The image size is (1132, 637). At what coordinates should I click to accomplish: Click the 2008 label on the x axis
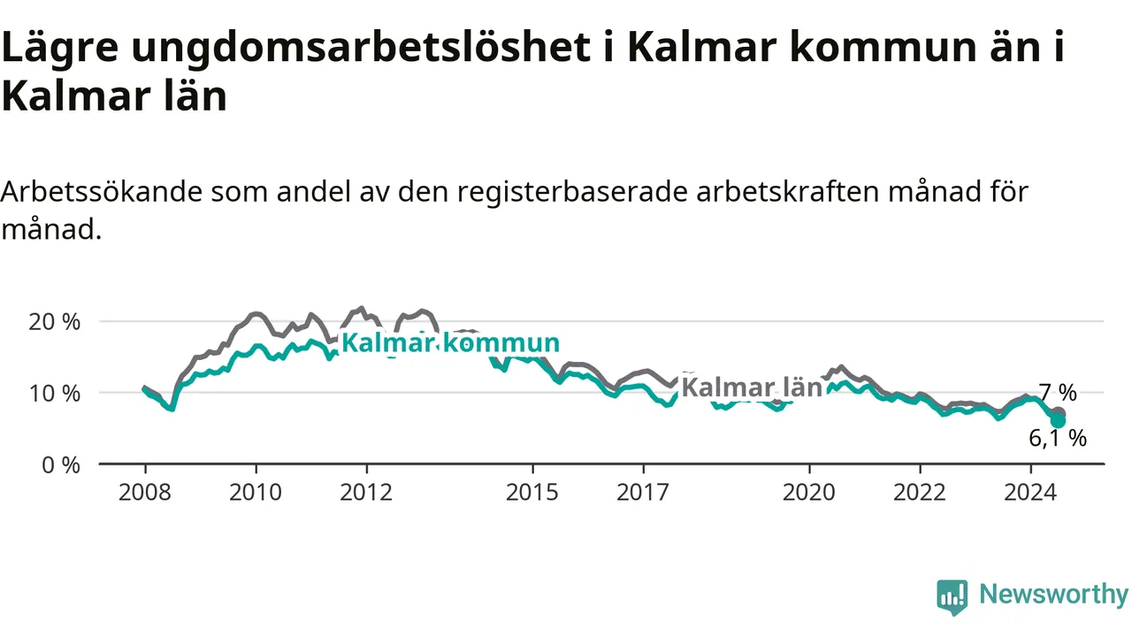pos(145,492)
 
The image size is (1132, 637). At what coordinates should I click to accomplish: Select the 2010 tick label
pos(256,492)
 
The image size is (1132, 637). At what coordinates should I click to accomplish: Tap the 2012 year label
pos(366,492)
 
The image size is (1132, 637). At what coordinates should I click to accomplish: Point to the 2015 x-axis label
pos(532,492)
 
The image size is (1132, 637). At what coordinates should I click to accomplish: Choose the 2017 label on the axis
pos(643,492)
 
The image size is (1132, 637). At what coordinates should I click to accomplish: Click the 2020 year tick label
pos(809,492)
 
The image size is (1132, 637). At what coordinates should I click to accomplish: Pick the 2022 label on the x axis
pos(920,492)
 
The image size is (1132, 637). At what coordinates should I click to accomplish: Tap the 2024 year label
pos(1030,492)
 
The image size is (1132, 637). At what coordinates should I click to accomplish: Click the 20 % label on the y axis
pos(54,322)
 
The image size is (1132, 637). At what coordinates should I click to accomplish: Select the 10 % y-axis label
pos(54,394)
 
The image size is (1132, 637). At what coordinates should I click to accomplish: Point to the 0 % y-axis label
pos(61,465)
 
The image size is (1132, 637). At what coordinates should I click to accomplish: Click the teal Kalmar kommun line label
pos(451,343)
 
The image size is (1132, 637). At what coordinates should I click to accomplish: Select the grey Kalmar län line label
pos(752,388)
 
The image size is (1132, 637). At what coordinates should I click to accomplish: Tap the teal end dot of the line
pos(1058,420)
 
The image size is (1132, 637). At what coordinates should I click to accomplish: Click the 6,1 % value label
pos(1058,438)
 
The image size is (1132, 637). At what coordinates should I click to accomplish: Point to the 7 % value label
pos(1058,392)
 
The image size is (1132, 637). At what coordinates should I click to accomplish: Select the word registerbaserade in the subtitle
pos(572,192)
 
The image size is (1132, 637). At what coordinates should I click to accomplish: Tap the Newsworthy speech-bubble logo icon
pos(952,597)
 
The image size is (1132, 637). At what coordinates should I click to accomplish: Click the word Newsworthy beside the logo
pos(1053,594)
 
